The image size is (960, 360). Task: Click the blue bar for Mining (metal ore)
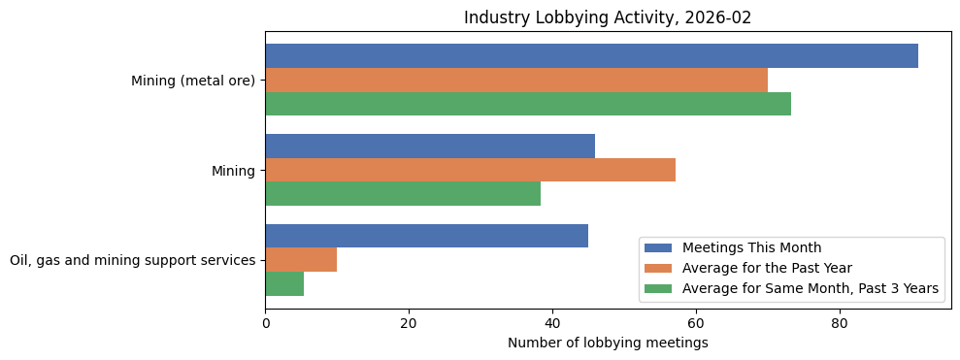click(591, 56)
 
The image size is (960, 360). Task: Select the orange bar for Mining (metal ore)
click(516, 80)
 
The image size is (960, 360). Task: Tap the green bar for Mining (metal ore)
click(528, 104)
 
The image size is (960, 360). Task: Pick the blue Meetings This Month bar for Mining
click(430, 146)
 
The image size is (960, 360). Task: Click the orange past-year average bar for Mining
click(470, 170)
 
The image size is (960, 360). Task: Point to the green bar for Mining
click(403, 194)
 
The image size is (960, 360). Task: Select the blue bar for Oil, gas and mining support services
click(426, 236)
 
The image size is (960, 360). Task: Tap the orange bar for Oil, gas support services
click(301, 260)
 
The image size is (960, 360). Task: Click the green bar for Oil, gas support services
click(284, 283)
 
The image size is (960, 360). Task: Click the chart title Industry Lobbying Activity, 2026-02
click(608, 18)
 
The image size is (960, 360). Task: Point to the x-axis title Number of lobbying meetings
click(608, 344)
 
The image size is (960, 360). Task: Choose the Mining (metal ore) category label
click(193, 81)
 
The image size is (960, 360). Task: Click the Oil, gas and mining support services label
click(132, 260)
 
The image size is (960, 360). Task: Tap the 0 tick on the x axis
click(265, 324)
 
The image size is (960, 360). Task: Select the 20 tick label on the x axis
click(409, 324)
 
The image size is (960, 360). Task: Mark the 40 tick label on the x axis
click(552, 324)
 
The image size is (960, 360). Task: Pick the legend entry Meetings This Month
click(751, 247)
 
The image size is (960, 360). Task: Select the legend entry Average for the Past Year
click(767, 268)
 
